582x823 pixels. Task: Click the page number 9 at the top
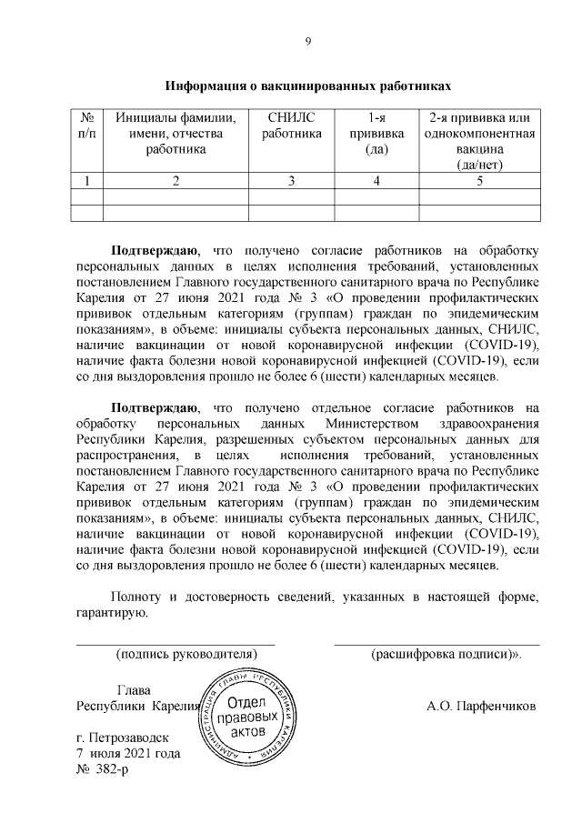pos(307,41)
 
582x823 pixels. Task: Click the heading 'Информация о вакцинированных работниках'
pos(307,86)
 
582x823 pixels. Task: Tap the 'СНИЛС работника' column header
pos(292,126)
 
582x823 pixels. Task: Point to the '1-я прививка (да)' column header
pos(376,134)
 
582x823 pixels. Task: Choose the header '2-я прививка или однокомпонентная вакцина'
pos(478,141)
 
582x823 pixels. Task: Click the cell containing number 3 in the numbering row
pos(292,180)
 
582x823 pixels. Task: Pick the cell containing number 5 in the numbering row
pos(478,180)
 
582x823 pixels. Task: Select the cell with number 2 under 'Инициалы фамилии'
pos(176,180)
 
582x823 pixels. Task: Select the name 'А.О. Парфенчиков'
pos(481,706)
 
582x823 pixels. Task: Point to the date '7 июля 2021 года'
pos(128,753)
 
